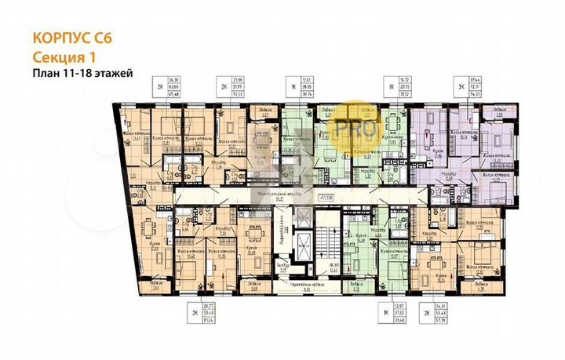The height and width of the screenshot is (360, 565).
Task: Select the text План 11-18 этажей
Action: coord(82,73)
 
